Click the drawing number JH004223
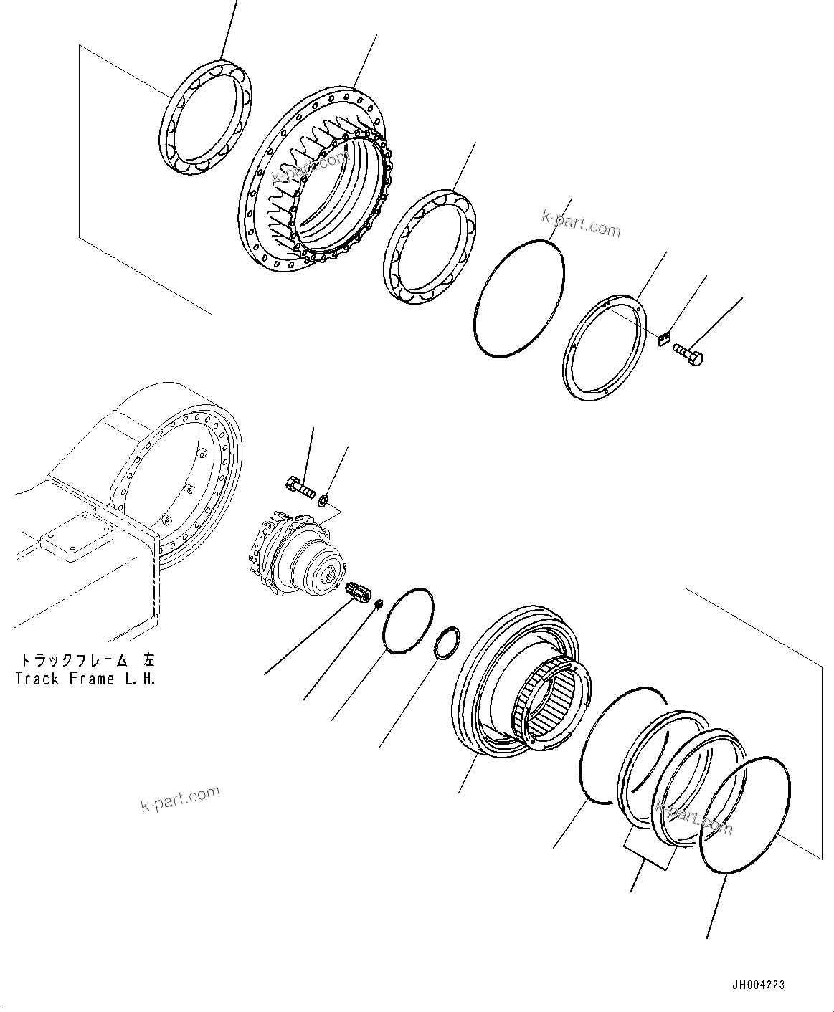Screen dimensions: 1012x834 tap(757, 985)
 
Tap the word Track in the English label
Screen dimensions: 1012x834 tap(38, 678)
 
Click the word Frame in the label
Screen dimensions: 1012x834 tap(90, 678)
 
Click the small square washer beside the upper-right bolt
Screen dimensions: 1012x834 tap(663, 338)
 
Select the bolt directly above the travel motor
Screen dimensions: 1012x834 tap(300, 487)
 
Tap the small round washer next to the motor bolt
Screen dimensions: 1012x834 tap(325, 499)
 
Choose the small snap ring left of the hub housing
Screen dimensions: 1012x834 tap(449, 643)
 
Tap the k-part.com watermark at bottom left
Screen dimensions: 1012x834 tap(179, 798)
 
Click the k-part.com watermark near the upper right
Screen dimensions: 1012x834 tap(581, 222)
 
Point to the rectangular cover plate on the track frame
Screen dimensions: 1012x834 tap(75, 539)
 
